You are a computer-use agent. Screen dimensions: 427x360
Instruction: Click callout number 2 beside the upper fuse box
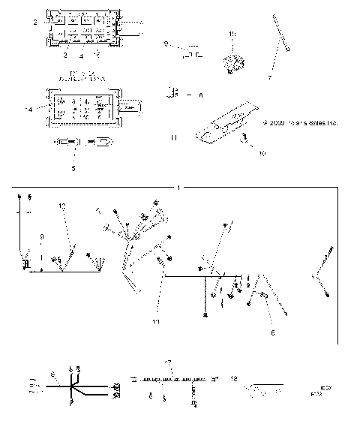(x=35, y=23)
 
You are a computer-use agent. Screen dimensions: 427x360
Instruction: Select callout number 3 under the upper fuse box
(x=65, y=56)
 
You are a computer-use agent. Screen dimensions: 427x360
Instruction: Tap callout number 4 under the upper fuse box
(x=81, y=56)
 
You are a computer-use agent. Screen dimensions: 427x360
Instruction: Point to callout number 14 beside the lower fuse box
(x=28, y=110)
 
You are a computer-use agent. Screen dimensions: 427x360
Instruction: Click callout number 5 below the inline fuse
(x=72, y=169)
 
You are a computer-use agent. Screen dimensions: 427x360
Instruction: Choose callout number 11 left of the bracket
(x=174, y=138)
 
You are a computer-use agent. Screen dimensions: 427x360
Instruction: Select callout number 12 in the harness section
(x=63, y=206)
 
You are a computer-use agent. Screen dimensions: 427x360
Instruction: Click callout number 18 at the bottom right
(x=235, y=378)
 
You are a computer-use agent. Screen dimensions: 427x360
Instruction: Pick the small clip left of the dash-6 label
(x=173, y=93)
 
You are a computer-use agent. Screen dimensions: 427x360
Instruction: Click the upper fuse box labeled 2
(x=80, y=29)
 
